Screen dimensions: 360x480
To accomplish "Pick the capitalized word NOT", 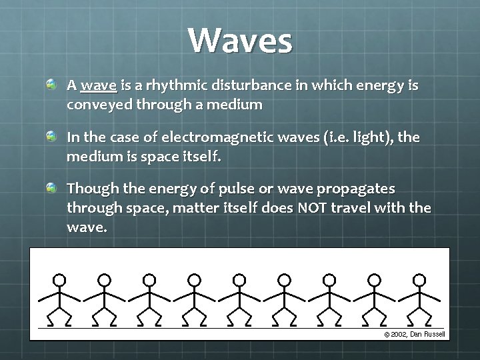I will pos(312,209).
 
